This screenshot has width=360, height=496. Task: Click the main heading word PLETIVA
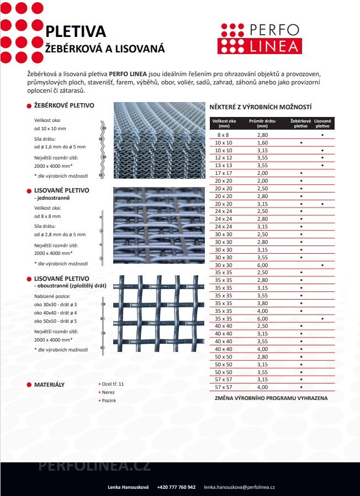75,32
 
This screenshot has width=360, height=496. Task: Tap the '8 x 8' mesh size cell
224,135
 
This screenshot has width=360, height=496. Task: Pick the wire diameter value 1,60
262,142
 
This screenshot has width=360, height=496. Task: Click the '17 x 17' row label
224,173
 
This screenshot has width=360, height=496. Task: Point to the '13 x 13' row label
224,165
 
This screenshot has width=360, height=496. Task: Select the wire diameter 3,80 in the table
262,303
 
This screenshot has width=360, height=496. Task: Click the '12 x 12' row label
224,157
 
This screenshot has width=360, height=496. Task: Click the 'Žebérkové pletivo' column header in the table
301,123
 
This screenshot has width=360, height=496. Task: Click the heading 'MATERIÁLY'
49,384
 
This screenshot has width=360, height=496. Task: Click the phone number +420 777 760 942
176,487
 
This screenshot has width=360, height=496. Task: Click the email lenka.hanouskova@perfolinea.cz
239,487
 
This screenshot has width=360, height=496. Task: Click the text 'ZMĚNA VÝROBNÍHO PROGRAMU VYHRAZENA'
271,397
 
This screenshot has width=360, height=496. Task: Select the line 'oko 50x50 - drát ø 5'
56,321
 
